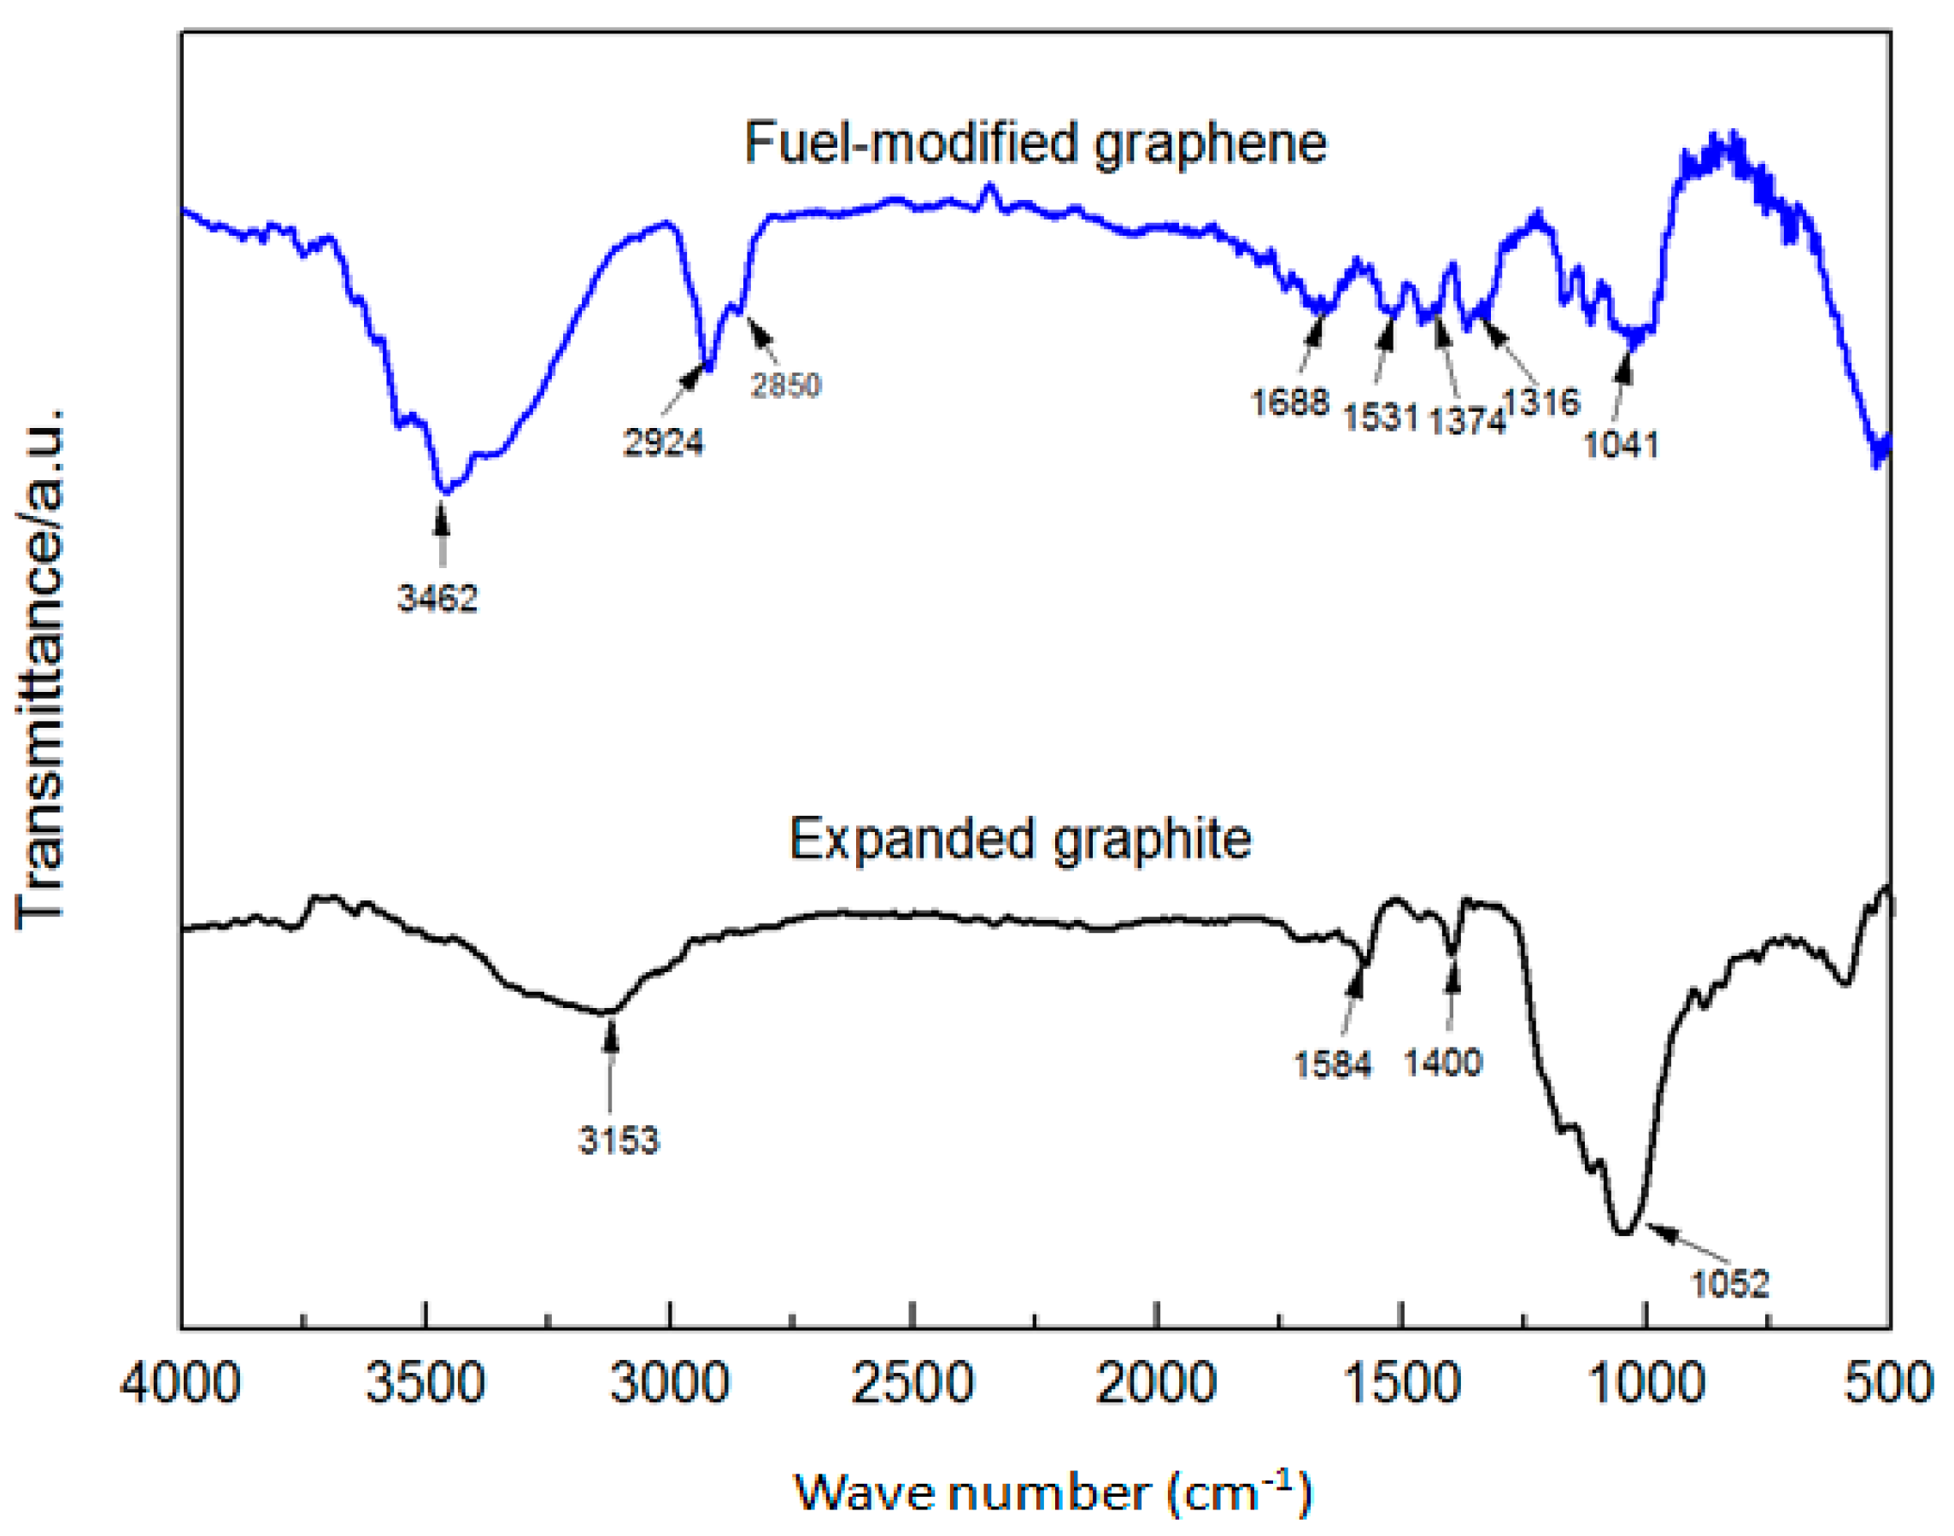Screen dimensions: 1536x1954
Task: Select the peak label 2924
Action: coord(664,443)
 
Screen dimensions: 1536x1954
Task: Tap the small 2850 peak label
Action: coord(786,385)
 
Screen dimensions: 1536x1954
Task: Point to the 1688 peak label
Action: coord(1289,402)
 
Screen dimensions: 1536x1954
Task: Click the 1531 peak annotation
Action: coord(1381,417)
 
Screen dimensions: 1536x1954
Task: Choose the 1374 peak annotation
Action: coord(1467,420)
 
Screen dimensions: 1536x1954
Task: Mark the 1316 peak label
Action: coord(1542,402)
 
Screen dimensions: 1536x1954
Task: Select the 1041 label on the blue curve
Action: coord(1621,444)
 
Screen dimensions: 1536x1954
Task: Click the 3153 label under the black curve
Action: coord(619,1140)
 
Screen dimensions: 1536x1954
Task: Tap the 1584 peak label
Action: coord(1333,1064)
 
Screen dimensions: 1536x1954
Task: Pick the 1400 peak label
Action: coord(1442,1063)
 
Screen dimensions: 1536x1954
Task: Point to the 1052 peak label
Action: coord(1730,1284)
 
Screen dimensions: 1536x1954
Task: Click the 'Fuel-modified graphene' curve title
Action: coord(1035,143)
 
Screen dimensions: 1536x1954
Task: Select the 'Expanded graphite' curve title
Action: coord(1021,839)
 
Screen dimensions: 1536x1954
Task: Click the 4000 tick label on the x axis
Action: coord(181,1381)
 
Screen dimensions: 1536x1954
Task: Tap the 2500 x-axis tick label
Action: coord(912,1381)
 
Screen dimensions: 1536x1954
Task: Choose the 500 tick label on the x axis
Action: coord(1888,1381)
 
